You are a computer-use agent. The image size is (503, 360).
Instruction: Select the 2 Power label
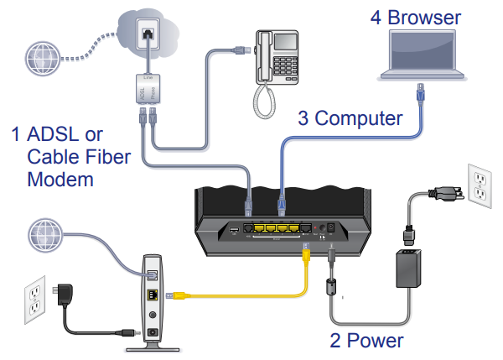(366, 340)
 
